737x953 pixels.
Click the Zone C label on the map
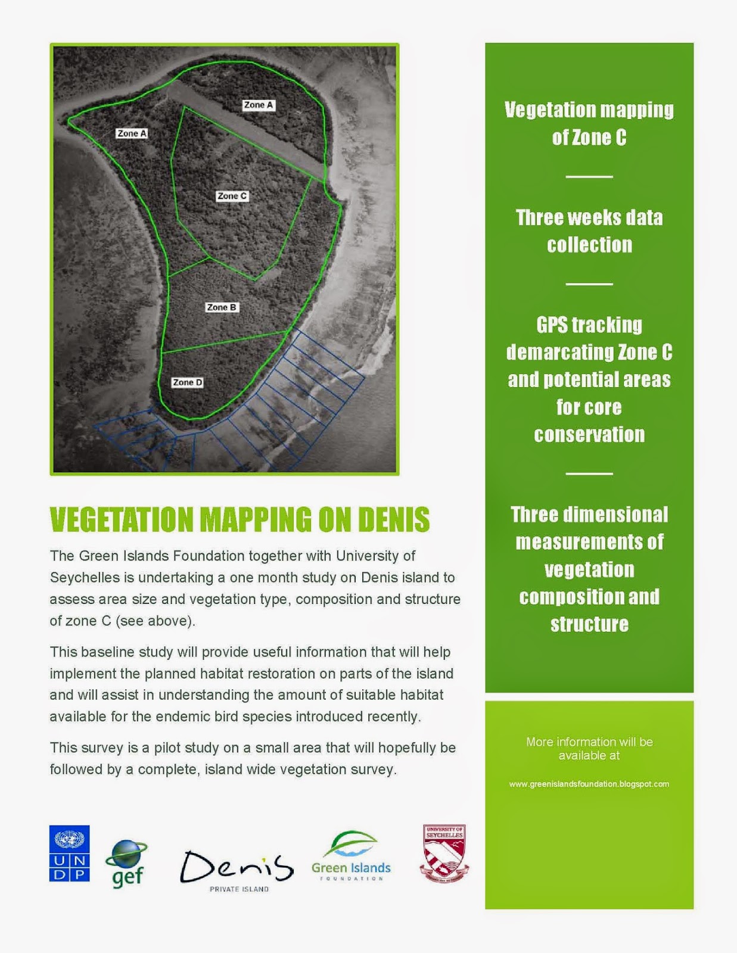pyautogui.click(x=232, y=196)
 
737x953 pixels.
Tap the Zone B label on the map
pyautogui.click(x=222, y=307)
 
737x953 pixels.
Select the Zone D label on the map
pyautogui.click(x=187, y=382)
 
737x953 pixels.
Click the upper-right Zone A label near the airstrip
pyautogui.click(x=258, y=105)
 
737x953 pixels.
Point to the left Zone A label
pyautogui.click(x=132, y=133)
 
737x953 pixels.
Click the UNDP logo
pyautogui.click(x=69, y=853)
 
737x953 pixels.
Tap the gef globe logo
pyautogui.click(x=126, y=864)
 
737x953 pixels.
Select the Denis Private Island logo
pyautogui.click(x=237, y=870)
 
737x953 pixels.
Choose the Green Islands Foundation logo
pyautogui.click(x=351, y=857)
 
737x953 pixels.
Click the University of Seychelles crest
pyautogui.click(x=444, y=853)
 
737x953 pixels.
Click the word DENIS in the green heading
pyautogui.click(x=393, y=519)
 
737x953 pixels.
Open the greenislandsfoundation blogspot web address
pyautogui.click(x=589, y=784)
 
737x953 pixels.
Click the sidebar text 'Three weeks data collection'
pyautogui.click(x=589, y=231)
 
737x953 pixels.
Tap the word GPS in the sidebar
pyautogui.click(x=551, y=325)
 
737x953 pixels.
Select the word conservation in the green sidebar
pyautogui.click(x=589, y=435)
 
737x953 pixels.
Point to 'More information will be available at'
pyautogui.click(x=589, y=749)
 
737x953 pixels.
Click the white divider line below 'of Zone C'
pyautogui.click(x=589, y=177)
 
